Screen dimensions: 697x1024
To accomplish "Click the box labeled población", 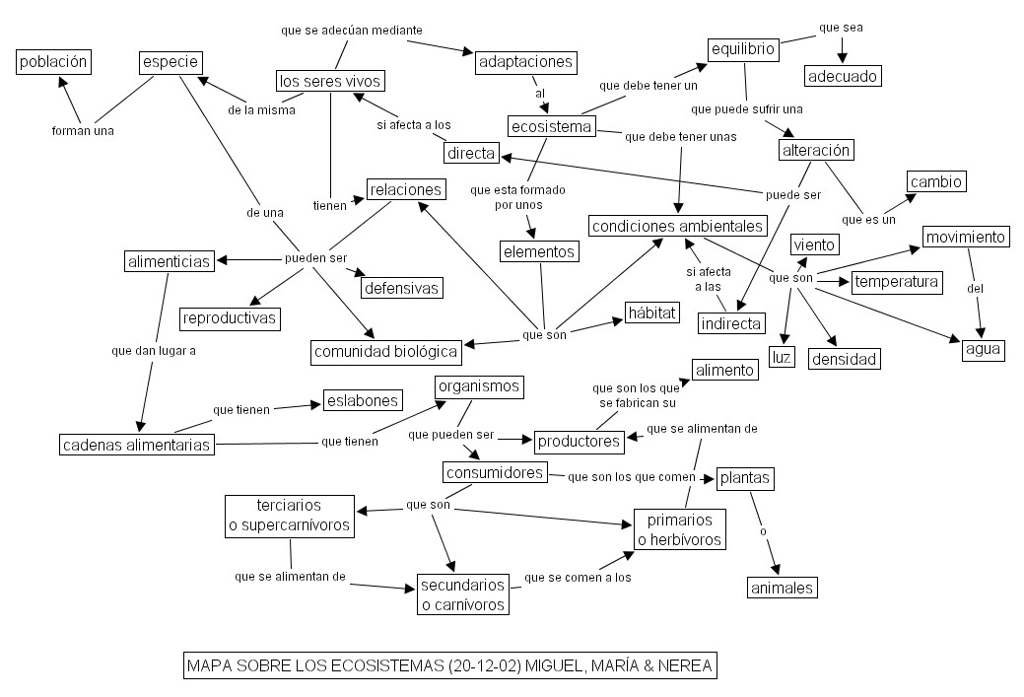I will (53, 62).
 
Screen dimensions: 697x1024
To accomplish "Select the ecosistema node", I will (552, 126).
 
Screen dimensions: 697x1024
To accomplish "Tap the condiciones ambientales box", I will (678, 226).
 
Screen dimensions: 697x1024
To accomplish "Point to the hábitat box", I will (652, 314).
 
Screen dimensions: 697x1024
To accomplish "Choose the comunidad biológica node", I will (386, 351).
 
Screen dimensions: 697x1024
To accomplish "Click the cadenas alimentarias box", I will (136, 445).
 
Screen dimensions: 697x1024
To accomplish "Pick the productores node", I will (580, 441).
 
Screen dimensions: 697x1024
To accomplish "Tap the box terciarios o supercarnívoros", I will (290, 516).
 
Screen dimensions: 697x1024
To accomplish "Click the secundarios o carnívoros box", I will (463, 594).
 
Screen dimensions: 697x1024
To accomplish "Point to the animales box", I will (782, 588).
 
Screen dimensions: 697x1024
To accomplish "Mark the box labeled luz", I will (782, 357).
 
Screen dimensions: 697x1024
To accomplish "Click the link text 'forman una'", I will (83, 130).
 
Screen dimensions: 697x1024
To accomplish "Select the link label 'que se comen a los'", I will (578, 577).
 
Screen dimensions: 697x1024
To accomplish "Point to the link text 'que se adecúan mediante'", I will (351, 31).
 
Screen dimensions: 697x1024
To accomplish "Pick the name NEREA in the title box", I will (680, 666).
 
